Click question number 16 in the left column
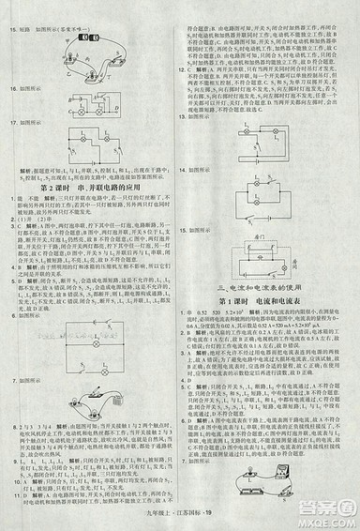click(11, 88)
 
